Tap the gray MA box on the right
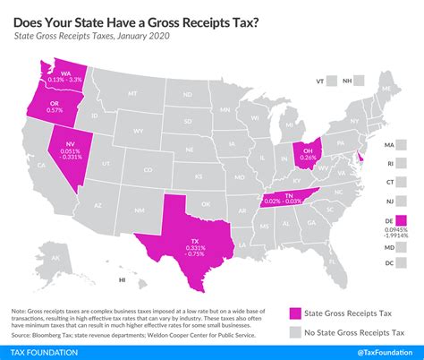[x=400, y=145]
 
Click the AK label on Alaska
[x=55, y=261]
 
